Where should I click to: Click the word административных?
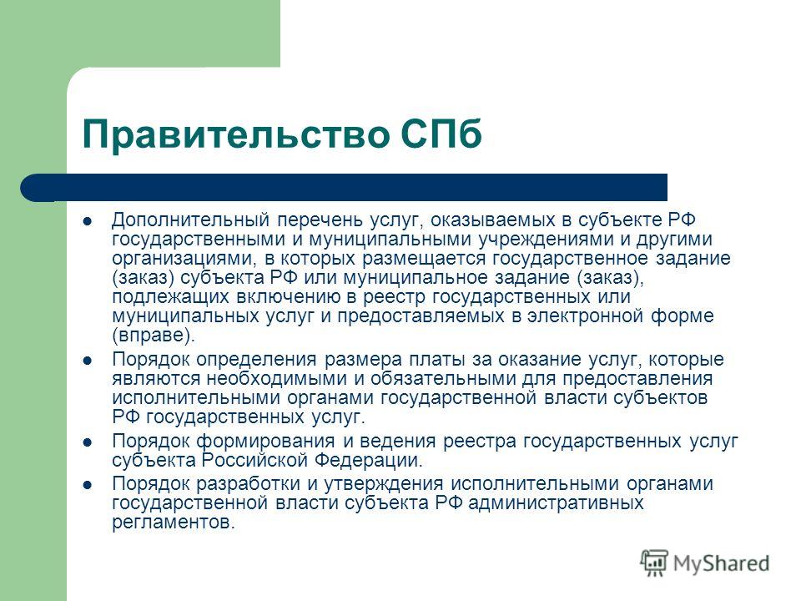(550, 503)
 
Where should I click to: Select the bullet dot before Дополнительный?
(88, 220)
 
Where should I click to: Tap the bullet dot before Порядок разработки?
(88, 485)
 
